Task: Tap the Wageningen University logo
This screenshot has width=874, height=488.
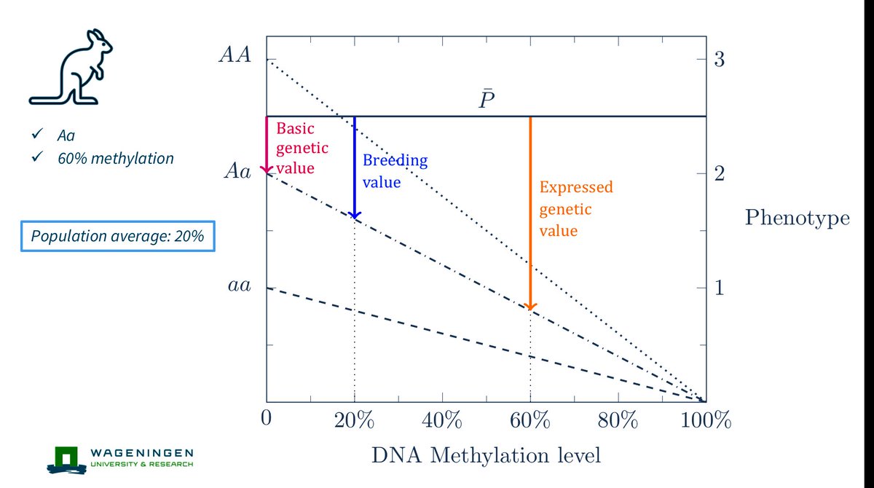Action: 120,457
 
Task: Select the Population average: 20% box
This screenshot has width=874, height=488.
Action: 117,236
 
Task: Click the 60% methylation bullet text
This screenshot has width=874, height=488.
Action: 114,158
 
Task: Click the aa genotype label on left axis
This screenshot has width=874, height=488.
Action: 237,286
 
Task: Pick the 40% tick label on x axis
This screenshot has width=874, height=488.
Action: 442,421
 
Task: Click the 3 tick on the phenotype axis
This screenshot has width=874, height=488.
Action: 720,60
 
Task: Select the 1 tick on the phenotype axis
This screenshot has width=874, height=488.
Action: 720,288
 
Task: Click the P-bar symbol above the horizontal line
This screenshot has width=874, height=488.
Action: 487,101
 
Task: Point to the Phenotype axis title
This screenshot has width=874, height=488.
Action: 797,218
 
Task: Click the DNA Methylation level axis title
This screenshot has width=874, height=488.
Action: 487,456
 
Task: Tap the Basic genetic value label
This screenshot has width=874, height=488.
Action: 302,148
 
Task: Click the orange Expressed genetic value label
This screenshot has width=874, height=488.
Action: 575,209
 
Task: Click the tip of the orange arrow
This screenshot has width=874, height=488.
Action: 530,307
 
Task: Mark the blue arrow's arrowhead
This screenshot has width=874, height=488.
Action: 355,216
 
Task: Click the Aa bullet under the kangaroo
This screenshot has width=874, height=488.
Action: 66,135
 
